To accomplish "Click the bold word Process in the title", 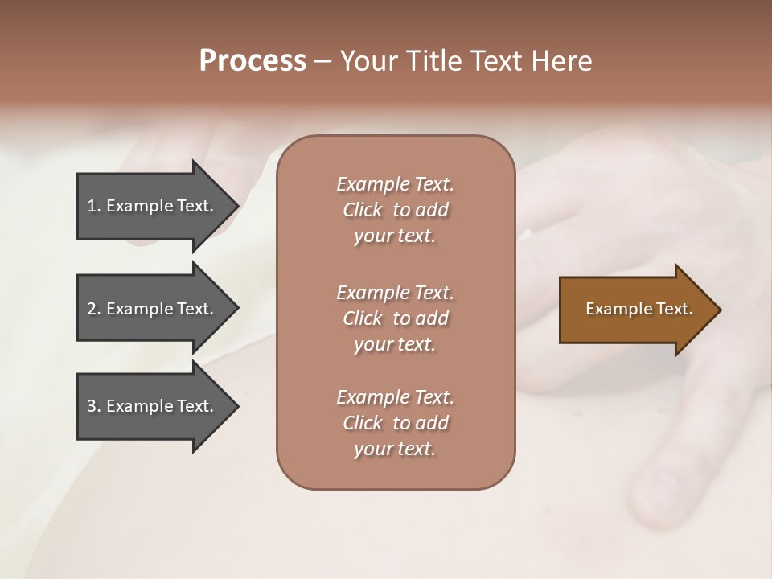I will tap(253, 61).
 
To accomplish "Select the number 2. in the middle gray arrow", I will tap(93, 309).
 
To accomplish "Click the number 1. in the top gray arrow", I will tap(93, 206).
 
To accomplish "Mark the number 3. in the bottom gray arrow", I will tap(93, 406).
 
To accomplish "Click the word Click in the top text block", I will tap(363, 210).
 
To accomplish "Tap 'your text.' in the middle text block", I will tap(395, 344).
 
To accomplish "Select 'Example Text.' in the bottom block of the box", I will tap(395, 397).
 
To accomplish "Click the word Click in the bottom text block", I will tap(363, 423).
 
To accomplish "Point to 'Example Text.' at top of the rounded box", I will tap(395, 184).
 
